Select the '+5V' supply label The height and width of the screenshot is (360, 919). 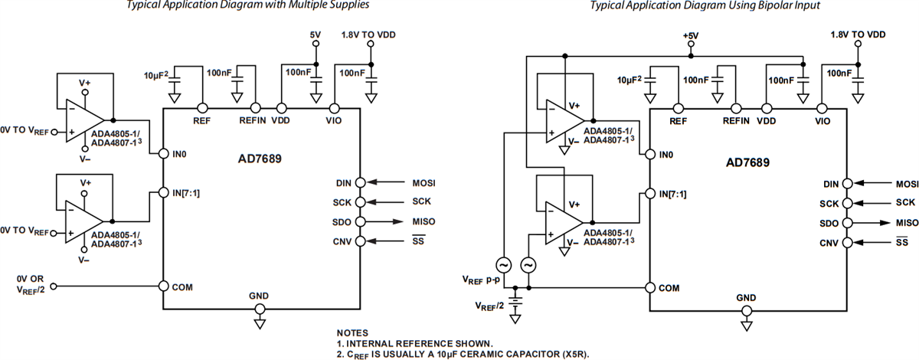coord(692,35)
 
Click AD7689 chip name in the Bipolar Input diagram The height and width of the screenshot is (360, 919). coord(747,162)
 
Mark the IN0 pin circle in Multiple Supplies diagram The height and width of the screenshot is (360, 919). coord(163,154)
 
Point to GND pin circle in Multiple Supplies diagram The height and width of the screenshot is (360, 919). coord(260,309)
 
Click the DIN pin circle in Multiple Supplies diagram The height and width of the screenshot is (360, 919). coord(361,182)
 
